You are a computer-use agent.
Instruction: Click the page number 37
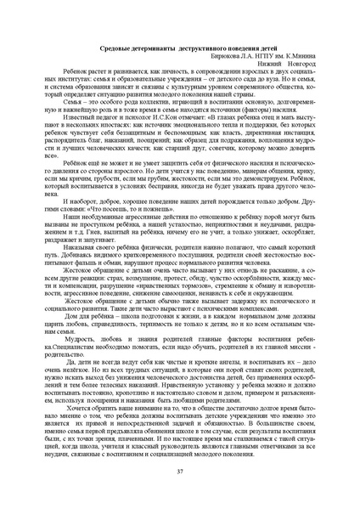(x=180, y=470)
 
